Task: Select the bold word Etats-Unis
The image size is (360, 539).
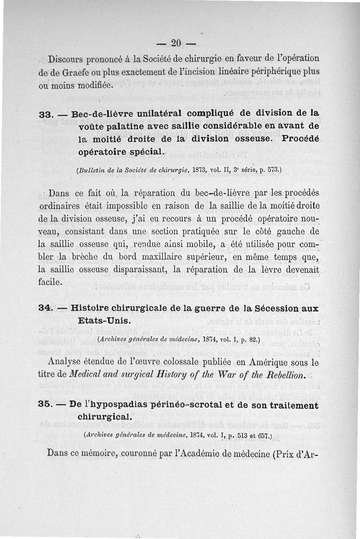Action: pyautogui.click(x=104, y=321)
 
